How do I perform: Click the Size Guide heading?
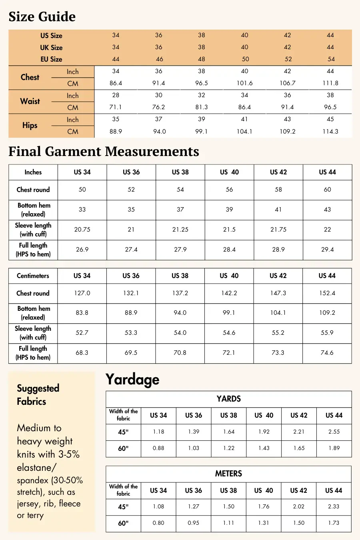(x=42, y=17)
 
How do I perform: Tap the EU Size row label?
(x=51, y=59)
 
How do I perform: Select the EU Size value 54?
(x=331, y=59)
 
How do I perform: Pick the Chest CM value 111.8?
(x=330, y=83)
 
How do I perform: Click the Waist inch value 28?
(x=116, y=95)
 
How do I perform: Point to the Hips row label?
(x=30, y=125)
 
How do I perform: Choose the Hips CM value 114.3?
(x=330, y=131)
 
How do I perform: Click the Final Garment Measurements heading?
(x=104, y=152)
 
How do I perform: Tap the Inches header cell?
(x=33, y=172)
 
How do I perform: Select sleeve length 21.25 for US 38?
(x=180, y=230)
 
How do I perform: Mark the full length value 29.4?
(x=327, y=250)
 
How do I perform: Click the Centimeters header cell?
(x=33, y=276)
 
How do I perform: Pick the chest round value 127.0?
(x=82, y=293)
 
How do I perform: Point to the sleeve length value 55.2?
(x=278, y=333)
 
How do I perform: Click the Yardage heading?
(x=132, y=379)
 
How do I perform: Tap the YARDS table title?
(x=228, y=399)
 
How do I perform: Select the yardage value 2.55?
(x=334, y=432)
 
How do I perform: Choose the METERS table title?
(x=228, y=474)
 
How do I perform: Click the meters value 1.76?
(x=264, y=506)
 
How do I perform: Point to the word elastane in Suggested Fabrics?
(x=36, y=467)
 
